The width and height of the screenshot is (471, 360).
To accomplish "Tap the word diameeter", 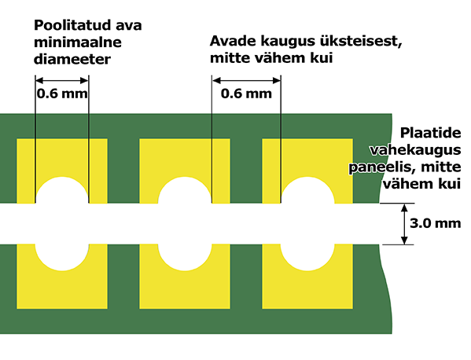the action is click(x=72, y=59).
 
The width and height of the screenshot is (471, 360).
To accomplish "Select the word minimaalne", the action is click(x=78, y=42).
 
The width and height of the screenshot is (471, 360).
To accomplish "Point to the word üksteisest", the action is click(x=361, y=42).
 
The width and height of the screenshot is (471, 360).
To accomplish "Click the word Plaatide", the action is click(x=430, y=133).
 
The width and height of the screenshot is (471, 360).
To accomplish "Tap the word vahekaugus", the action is click(x=415, y=150).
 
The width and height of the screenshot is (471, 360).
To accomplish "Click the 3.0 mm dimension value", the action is click(x=436, y=223).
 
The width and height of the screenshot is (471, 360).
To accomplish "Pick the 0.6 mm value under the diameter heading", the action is click(x=62, y=94).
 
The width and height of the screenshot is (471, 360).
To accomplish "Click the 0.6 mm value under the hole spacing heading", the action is click(x=246, y=94).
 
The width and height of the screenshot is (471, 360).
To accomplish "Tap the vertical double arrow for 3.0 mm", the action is click(x=404, y=224).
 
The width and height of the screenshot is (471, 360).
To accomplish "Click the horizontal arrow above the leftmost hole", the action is click(x=62, y=80).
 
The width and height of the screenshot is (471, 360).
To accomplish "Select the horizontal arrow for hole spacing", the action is click(x=246, y=80).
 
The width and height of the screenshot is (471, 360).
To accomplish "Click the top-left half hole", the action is click(x=62, y=190).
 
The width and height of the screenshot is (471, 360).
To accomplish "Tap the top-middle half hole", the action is click(x=185, y=190).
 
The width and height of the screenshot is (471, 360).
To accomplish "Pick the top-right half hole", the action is click(x=307, y=190).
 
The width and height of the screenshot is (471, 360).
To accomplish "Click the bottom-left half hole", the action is click(x=62, y=257).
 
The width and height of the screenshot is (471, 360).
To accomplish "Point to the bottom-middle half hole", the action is click(x=185, y=257).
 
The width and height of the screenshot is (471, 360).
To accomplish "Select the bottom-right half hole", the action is click(x=307, y=257).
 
